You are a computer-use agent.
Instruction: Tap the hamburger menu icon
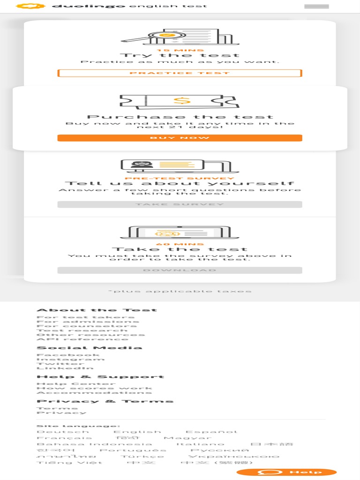pos(316,7)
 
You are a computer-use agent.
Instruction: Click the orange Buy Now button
pos(180,138)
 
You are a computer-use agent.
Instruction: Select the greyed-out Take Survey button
pos(180,204)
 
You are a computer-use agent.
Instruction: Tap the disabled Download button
pos(180,270)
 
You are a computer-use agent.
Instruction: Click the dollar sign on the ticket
pos(181,100)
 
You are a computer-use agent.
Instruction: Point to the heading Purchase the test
pos(180,117)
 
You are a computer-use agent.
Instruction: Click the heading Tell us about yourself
pos(180,183)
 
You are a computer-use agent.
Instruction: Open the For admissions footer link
pos(88,322)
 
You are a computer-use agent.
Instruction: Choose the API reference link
pos(82,339)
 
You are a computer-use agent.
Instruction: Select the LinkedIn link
pos(65,368)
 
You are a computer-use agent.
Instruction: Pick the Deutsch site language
pos(62,432)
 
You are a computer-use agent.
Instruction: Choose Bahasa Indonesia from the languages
pos(94,444)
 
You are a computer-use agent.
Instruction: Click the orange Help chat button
pos(286,472)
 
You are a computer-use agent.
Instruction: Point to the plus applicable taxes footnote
pos(180,291)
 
